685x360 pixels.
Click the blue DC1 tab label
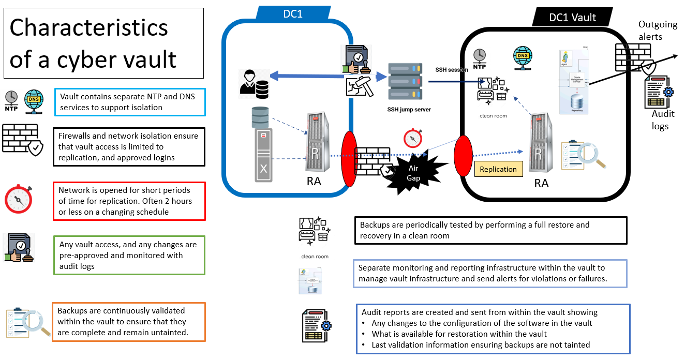[293, 14]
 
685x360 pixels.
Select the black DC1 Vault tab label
[572, 17]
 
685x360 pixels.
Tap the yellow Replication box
[498, 169]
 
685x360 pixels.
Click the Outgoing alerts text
[657, 30]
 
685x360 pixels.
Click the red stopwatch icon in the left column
[19, 199]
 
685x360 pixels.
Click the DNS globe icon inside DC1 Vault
[523, 56]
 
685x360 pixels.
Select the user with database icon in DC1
[254, 84]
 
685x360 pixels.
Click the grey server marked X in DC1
[263, 155]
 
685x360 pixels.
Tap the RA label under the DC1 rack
[314, 181]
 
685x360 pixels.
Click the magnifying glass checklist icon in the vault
[583, 154]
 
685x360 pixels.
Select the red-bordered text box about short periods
[129, 201]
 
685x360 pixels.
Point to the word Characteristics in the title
[89, 27]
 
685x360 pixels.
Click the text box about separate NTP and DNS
[129, 102]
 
